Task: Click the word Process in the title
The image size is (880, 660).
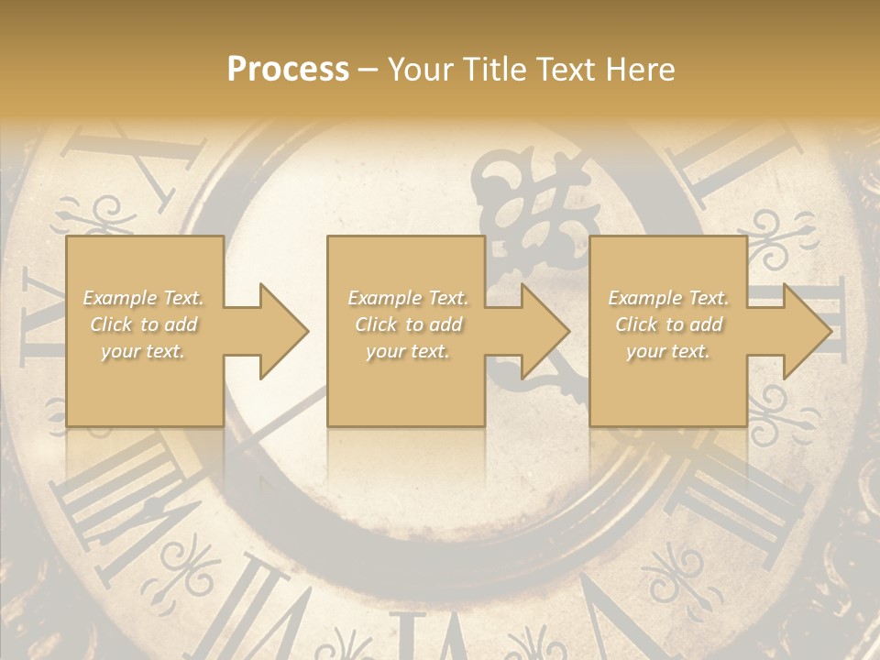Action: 288,70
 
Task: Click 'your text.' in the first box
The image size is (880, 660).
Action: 143,351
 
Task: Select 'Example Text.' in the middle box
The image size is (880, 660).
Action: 408,298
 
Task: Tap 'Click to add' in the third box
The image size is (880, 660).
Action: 669,324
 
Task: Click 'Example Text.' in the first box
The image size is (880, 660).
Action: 143,298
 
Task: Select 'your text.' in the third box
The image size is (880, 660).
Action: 668,351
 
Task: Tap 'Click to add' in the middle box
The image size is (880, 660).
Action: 408,324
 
